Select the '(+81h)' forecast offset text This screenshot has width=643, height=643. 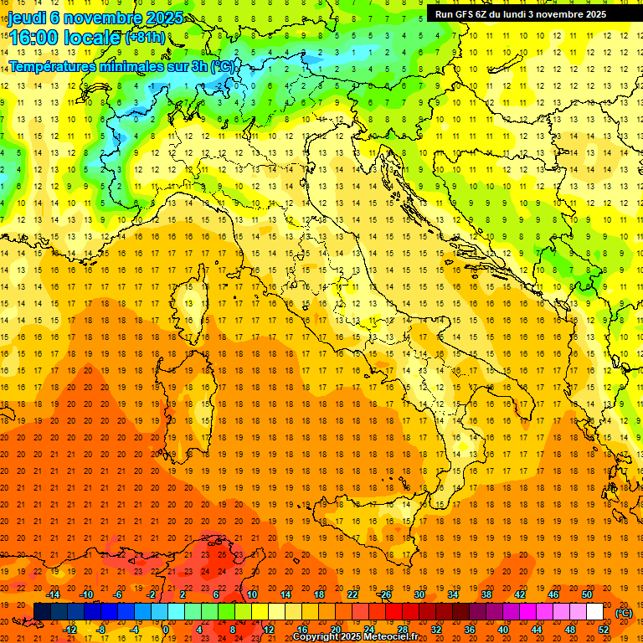click(x=144, y=38)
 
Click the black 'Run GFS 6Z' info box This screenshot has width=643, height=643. click(x=528, y=13)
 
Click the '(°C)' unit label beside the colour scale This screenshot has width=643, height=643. click(x=624, y=613)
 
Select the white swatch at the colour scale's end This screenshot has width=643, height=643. click(x=594, y=612)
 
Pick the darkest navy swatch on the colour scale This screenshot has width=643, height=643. click(x=42, y=612)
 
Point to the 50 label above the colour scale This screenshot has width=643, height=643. click(x=587, y=594)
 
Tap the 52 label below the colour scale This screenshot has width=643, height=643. click(x=604, y=630)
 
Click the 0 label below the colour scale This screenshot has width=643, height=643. click(x=166, y=630)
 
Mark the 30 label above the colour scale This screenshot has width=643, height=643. click(x=419, y=594)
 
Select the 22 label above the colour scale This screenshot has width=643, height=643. click(x=352, y=594)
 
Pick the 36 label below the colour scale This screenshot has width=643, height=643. click(x=470, y=630)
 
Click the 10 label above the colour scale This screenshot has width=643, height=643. click(x=251, y=594)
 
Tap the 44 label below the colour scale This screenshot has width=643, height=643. click(x=537, y=630)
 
